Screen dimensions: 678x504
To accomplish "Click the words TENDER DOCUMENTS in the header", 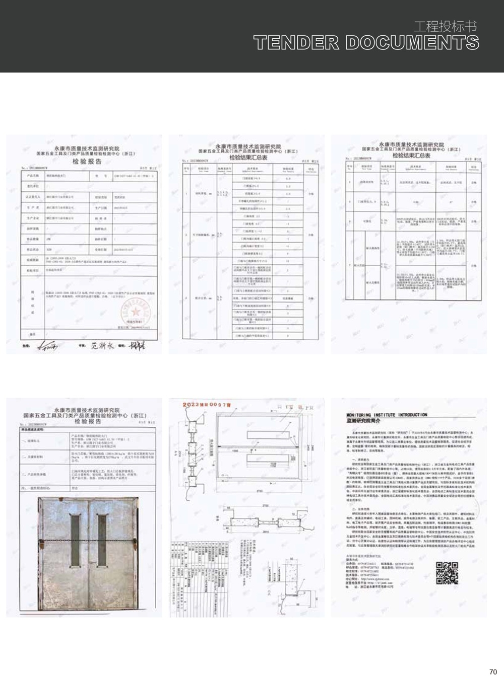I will (x=366, y=43).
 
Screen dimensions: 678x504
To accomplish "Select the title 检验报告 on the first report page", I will (x=87, y=162).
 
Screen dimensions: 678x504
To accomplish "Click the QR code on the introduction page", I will (x=447, y=573).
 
